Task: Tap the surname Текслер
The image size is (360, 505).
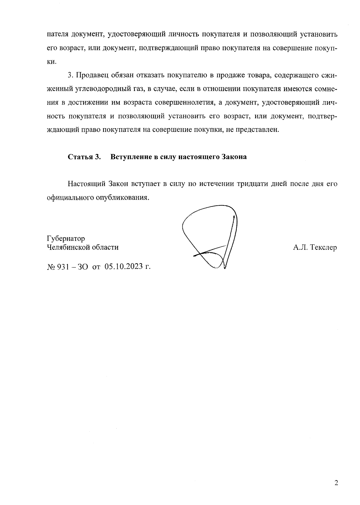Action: tap(324, 248)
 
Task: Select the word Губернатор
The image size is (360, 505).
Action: tap(66, 239)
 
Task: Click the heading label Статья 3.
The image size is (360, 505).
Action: tap(84, 157)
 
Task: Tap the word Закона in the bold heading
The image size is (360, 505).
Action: tap(234, 157)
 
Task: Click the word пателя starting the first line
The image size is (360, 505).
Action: tap(57, 35)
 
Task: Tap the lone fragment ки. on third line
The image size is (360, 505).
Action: tap(52, 62)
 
